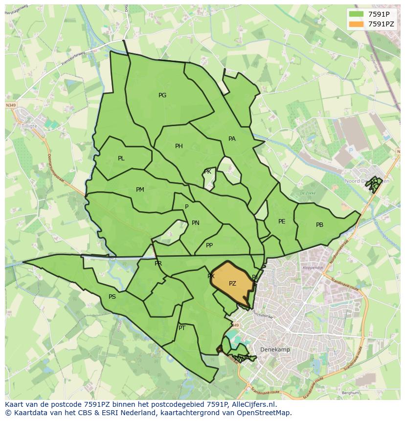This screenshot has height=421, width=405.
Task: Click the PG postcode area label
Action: pos(162,95)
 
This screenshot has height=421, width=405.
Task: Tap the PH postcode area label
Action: pos(179,146)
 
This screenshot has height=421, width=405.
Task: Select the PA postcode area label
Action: pos(232,139)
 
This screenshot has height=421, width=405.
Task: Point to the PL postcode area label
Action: pos(121,158)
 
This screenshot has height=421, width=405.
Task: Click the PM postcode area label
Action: pos(140,190)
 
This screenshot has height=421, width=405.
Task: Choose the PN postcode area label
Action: pos(196,223)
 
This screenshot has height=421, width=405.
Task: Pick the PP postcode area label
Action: pos(209,245)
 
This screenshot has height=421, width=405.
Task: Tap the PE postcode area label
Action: pos(282,222)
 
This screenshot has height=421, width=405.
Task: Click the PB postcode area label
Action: pos(319,225)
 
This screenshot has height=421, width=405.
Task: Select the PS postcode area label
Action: pos(112,297)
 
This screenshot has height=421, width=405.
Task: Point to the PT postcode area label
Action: pos(182,328)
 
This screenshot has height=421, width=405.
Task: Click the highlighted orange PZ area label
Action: pos(232,284)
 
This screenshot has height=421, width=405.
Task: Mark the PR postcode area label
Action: pos(158,264)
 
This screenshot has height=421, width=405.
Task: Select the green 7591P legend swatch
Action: pos(357,14)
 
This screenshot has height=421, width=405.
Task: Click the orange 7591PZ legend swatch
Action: pos(357,24)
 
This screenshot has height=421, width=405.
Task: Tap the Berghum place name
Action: pos(350,393)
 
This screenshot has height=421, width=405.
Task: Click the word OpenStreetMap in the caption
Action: pos(264,413)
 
